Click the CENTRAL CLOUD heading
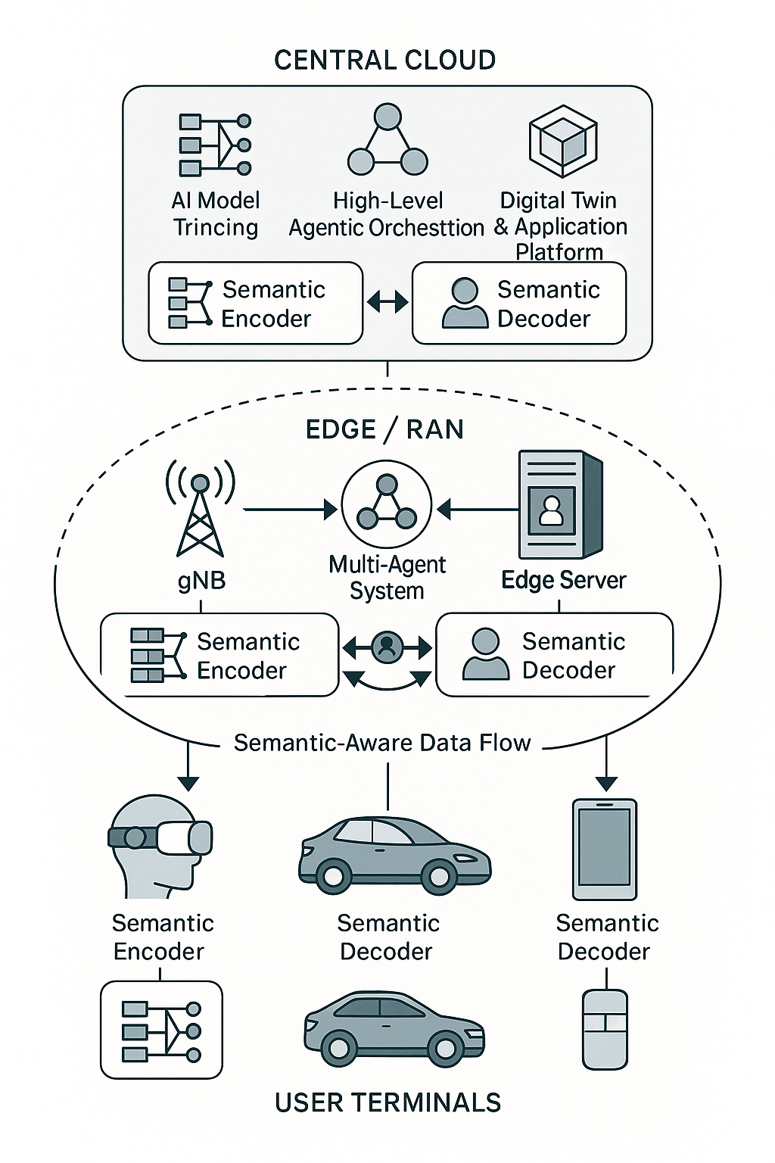pyautogui.click(x=384, y=60)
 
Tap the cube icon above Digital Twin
pyautogui.click(x=562, y=141)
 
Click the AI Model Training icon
pyautogui.click(x=215, y=144)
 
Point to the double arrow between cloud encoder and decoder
pyautogui.click(x=387, y=303)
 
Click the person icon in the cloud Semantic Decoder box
pyautogui.click(x=465, y=303)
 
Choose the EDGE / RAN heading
pyautogui.click(x=384, y=429)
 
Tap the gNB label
pyautogui.click(x=201, y=581)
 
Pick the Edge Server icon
pyautogui.click(x=560, y=504)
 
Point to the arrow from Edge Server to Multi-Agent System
pyautogui.click(x=478, y=510)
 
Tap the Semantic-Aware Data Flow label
pyautogui.click(x=382, y=743)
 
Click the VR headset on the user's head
pyautogui.click(x=161, y=837)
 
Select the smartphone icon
pyautogui.click(x=605, y=849)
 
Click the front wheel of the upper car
pyautogui.click(x=438, y=877)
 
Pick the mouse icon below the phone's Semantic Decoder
pyautogui.click(x=605, y=1029)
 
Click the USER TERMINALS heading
pyautogui.click(x=387, y=1102)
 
